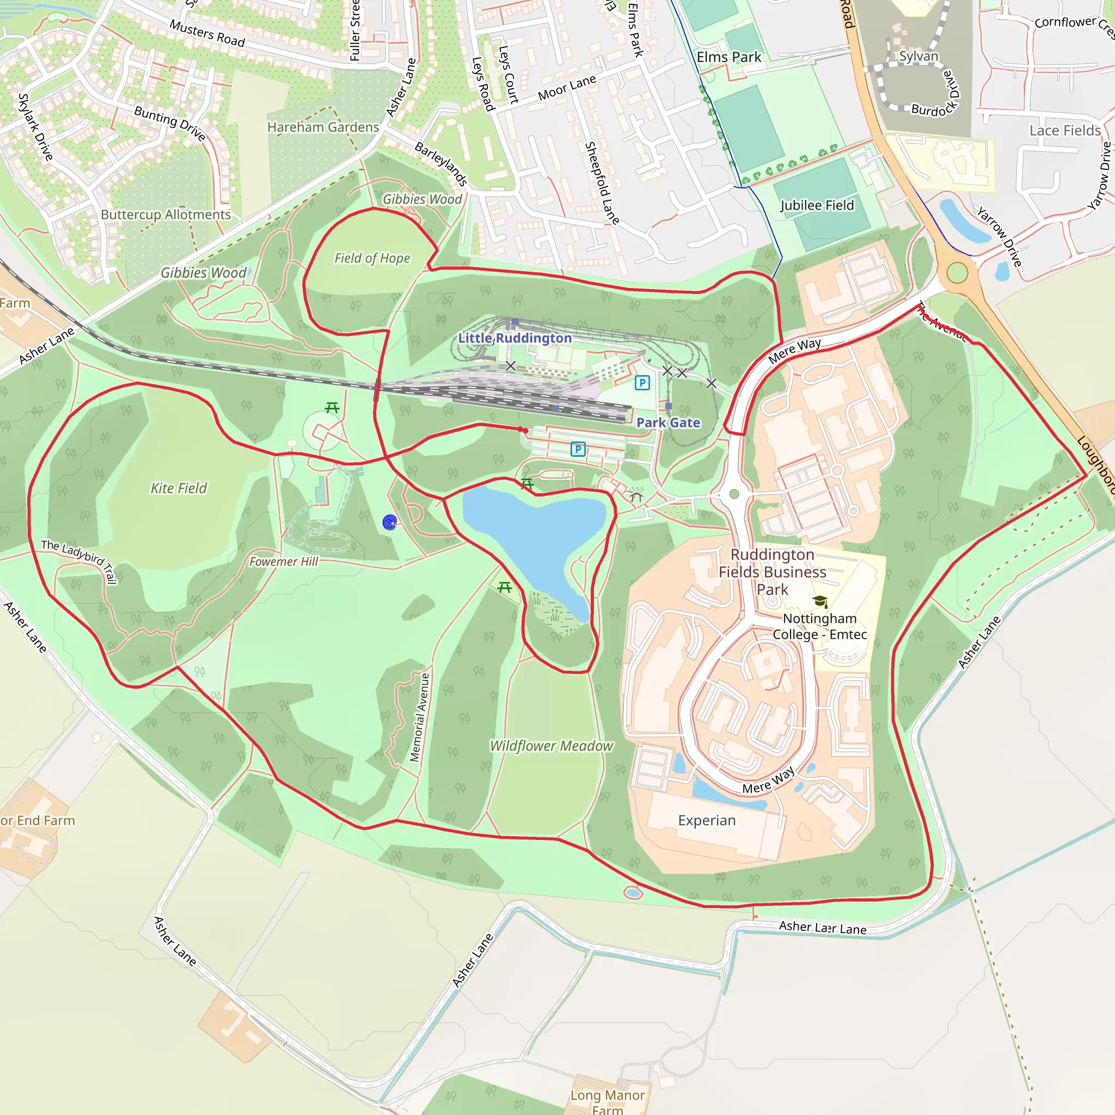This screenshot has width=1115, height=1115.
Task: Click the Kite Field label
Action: click(x=179, y=488)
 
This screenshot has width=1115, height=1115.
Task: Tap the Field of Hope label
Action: click(x=372, y=258)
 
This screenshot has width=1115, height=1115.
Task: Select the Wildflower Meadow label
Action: click(x=551, y=746)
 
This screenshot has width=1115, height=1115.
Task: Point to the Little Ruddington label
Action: click(x=515, y=338)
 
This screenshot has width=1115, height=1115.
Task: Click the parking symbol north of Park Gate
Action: click(x=642, y=382)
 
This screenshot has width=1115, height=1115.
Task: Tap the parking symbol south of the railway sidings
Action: click(x=578, y=449)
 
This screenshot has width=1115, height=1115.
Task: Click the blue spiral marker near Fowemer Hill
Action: click(x=390, y=522)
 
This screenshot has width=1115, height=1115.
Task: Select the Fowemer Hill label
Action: click(x=283, y=561)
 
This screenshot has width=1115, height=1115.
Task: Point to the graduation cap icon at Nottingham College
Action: click(x=820, y=602)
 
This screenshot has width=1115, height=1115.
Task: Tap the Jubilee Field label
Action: click(x=817, y=205)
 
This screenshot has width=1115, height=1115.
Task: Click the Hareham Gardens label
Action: click(x=323, y=127)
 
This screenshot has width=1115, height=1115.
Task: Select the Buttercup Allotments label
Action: click(x=166, y=215)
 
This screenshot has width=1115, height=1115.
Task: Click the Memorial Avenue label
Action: click(x=420, y=718)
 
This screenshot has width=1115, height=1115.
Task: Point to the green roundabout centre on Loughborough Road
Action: click(x=957, y=272)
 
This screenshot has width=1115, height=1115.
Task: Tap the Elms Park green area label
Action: click(x=728, y=57)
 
